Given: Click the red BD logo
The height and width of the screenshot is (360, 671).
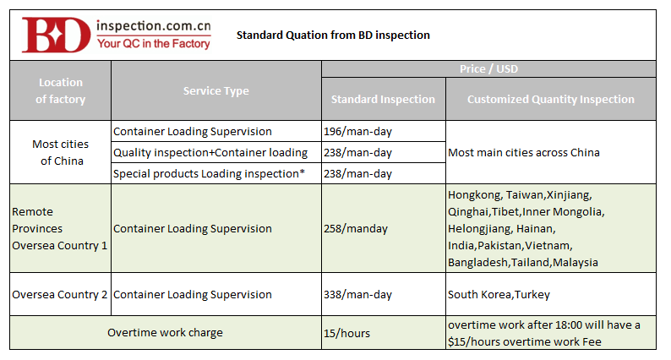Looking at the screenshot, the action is pos(56,35).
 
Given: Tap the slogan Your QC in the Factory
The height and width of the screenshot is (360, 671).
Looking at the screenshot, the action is pos(154,44).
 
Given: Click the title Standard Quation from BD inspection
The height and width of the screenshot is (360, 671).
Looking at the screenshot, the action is pos(333,35).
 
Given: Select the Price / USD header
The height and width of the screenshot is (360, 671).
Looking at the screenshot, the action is pos(488,69).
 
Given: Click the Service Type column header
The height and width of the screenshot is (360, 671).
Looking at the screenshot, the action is pos(216,90).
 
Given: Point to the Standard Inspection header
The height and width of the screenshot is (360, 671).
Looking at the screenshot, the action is pos(383,100).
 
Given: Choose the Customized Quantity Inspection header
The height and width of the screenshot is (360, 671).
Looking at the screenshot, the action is pos(551,100).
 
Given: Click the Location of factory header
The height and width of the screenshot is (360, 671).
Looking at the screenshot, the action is pos(60,90).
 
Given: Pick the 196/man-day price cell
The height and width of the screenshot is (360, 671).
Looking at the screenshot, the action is pos(357,132).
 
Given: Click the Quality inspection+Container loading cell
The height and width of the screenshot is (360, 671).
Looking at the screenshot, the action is pos(210,153).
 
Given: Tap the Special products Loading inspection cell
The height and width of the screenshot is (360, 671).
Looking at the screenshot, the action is pos(209,174).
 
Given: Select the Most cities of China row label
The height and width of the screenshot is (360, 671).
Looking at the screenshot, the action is pos(61,152).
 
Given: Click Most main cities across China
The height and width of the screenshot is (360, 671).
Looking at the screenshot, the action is pos(524,153).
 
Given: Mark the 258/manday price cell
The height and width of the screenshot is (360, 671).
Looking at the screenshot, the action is pos(356,228).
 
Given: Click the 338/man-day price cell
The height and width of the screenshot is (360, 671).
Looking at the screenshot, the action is pos(357,294).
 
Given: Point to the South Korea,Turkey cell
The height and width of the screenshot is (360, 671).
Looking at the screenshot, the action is pos(499,294).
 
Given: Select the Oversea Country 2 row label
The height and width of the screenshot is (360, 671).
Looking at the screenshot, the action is pos(59,294).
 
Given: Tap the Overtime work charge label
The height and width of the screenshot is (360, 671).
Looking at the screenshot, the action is pos(165,333).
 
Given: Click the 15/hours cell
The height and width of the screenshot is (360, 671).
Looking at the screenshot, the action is pos(346,333).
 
